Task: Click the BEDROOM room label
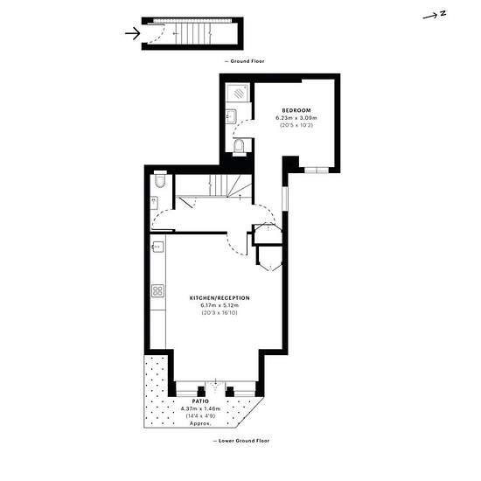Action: click(296, 110)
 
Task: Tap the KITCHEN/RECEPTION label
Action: click(220, 298)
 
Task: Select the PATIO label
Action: click(200, 401)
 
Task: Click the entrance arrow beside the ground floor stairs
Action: click(133, 33)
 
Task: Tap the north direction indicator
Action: click(435, 15)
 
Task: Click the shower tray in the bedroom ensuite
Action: click(239, 93)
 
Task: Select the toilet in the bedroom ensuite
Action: click(239, 147)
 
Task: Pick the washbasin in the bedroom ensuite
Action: click(231, 116)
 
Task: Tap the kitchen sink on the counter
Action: click(158, 247)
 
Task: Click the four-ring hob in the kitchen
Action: click(157, 291)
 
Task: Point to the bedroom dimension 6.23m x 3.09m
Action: click(296, 118)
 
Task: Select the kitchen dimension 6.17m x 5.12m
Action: click(220, 305)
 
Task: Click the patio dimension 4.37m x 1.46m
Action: click(200, 408)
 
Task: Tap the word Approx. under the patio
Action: click(200, 423)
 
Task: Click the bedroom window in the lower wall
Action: click(317, 170)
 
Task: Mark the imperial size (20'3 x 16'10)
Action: click(220, 313)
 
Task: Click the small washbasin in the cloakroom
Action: click(154, 203)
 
